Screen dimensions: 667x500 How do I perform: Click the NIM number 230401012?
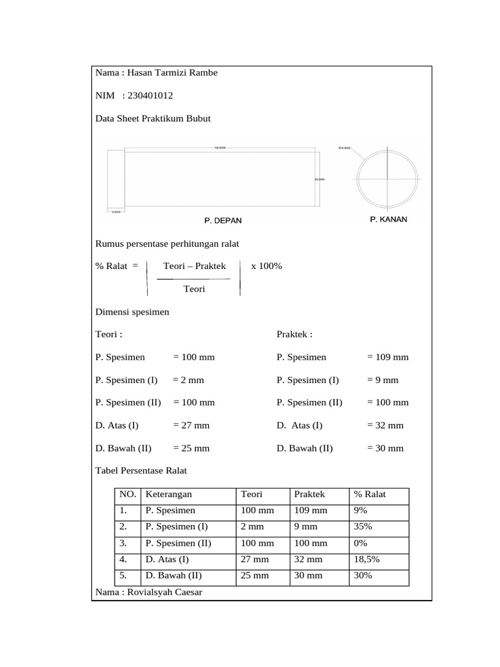pos(150,96)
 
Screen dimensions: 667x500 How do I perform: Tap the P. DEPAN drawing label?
pos(223,221)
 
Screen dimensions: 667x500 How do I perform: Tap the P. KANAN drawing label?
pos(388,220)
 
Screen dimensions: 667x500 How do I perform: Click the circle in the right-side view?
pos(387,178)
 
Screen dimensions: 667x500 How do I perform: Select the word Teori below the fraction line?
pos(194,289)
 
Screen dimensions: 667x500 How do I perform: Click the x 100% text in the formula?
pos(266,266)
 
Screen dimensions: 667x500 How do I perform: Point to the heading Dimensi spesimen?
pos(132,312)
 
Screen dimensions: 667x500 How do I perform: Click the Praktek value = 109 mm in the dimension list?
pos(388,358)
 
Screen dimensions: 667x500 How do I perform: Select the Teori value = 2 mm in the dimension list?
pos(189,380)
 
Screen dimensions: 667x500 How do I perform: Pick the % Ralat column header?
pos(370,494)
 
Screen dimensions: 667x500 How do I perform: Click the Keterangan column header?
pos(169,494)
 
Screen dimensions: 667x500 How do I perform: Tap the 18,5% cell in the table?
pos(367,560)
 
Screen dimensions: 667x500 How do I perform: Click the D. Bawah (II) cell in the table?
pos(174,576)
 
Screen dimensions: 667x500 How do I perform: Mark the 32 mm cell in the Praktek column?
pos(309,560)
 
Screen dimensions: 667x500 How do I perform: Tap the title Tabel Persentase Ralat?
pos(141,471)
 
